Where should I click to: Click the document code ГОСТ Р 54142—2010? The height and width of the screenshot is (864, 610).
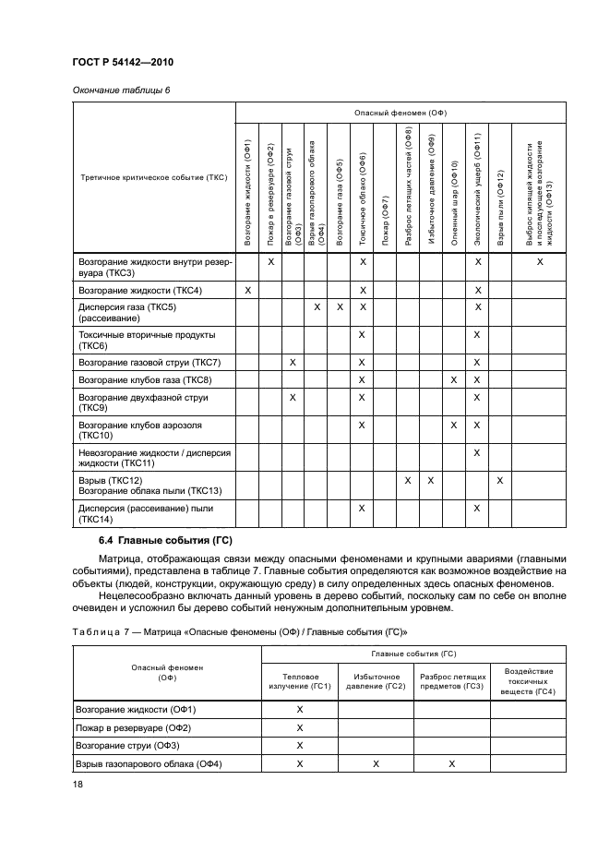point(123,62)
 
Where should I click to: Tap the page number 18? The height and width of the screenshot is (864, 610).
point(77,785)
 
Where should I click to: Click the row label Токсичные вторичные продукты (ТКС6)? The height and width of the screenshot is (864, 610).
point(148,339)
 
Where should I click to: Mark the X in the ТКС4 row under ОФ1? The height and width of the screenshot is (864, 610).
point(248,291)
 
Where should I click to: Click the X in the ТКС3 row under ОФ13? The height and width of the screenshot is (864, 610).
point(540,263)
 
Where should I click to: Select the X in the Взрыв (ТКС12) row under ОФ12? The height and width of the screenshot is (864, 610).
point(500,480)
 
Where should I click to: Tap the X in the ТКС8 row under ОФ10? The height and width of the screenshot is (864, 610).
point(454,380)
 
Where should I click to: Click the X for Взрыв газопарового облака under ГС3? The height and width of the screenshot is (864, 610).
point(450,763)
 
